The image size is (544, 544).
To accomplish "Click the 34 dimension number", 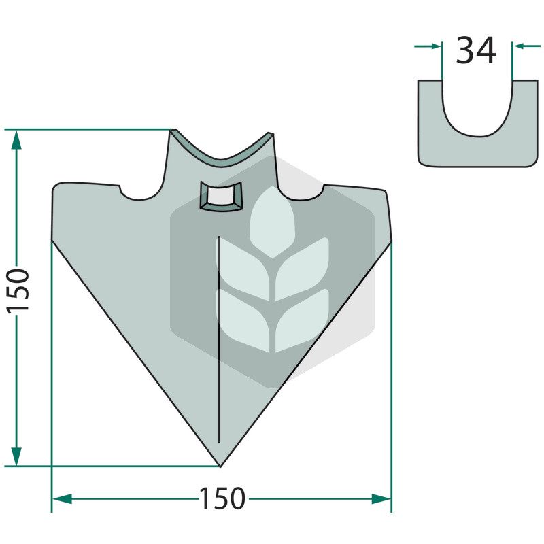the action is tap(476, 50).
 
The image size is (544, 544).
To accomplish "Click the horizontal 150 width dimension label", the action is tap(222, 498).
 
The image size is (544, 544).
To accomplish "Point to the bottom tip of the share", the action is tap(220, 467).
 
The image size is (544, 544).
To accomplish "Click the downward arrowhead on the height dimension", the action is tap(16, 456).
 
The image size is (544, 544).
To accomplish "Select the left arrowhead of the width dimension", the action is tap(62, 499).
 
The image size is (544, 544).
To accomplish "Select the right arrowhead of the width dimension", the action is tap(381, 499).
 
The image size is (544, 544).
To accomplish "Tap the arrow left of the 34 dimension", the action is tap(428, 46).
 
